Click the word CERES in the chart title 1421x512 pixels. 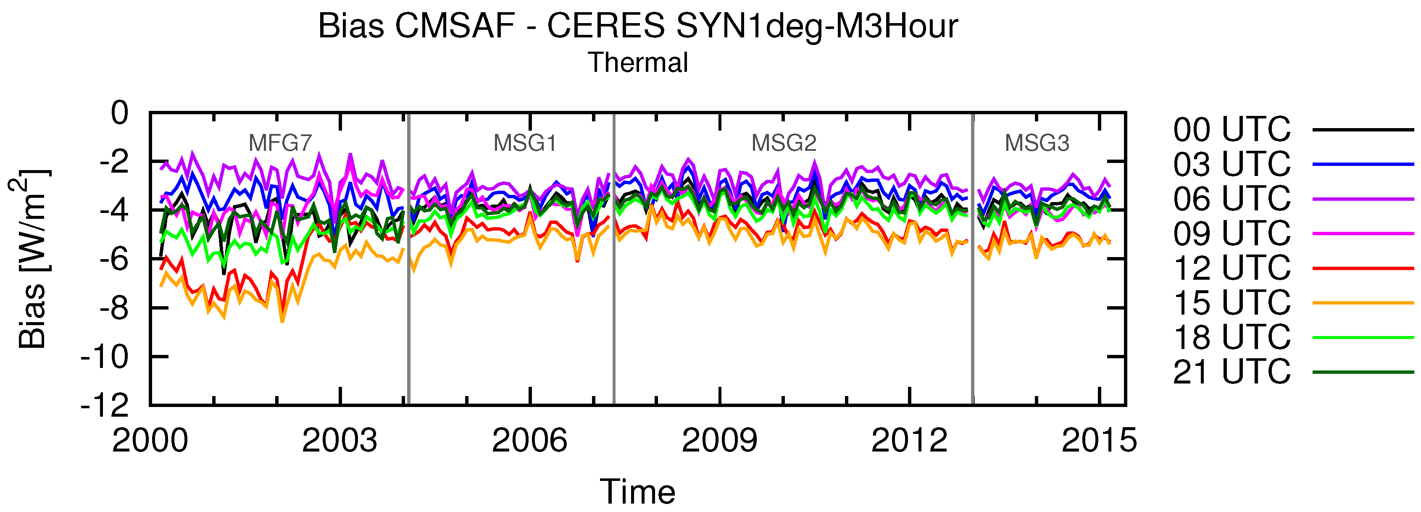tap(606, 26)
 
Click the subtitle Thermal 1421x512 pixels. tap(638, 62)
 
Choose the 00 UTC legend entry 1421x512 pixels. tap(1231, 130)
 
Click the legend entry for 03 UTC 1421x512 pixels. tap(1231, 164)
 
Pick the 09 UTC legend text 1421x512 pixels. tap(1231, 234)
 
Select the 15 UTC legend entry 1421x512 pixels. tap(1231, 302)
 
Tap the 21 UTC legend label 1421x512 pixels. tap(1231, 371)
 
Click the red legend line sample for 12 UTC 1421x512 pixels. tap(1363, 268)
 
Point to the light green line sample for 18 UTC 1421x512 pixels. tap(1363, 337)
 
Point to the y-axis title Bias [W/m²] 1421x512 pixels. tap(32, 259)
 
